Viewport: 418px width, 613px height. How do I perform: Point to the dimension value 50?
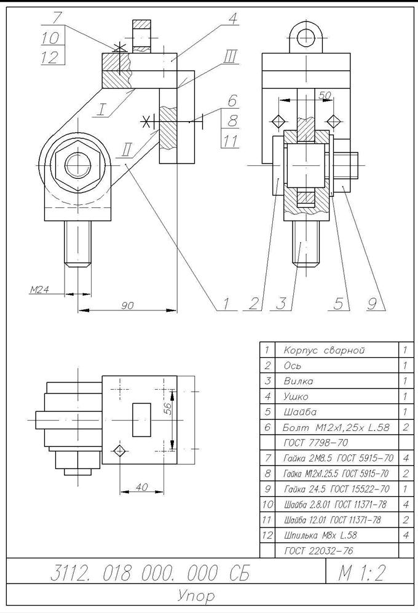coord(325,95)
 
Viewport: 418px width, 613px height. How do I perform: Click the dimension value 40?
coord(141,487)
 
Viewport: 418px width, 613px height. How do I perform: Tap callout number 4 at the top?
coord(233,18)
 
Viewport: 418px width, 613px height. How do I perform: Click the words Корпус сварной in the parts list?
coord(324,350)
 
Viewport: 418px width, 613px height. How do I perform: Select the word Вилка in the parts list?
coord(298,381)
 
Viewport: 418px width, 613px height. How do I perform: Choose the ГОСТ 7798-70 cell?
coord(316,443)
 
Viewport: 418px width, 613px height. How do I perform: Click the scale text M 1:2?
coord(361,574)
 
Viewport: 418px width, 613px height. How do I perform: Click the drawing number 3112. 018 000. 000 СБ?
coord(150,573)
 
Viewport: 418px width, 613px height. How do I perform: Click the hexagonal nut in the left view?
coord(78,165)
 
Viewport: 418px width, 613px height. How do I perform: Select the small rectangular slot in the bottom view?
coord(141,420)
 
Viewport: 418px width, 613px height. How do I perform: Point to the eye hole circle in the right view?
coord(307,38)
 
